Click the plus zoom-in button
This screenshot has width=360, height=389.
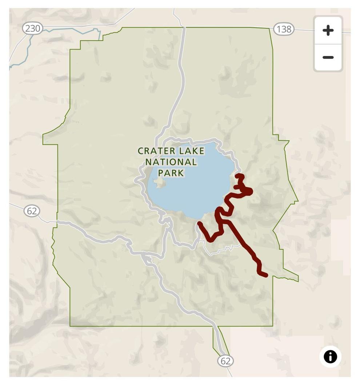pos(328,30)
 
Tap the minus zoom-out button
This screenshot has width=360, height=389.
pos(328,57)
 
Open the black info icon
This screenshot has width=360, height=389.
pos(330,357)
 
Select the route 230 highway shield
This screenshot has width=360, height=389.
pos(32,28)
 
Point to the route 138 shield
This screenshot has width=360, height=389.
pos(284,29)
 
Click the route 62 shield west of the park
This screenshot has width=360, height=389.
pos(32,211)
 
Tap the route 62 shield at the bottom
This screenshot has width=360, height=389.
pos(225,361)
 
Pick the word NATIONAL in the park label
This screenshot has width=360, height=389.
pos(171,162)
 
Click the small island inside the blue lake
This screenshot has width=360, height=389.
pos(159,183)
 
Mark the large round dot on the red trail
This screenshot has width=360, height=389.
pos(248,191)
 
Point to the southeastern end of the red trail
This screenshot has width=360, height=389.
pos(266,275)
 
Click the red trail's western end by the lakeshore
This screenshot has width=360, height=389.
pos(199,223)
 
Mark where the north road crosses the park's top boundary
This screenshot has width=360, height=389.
pos(184,27)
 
